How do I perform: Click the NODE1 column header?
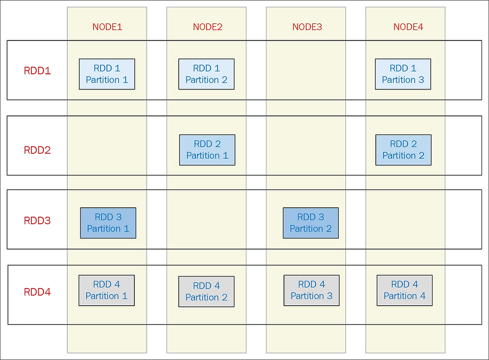[x=107, y=27]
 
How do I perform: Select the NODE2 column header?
[x=208, y=27]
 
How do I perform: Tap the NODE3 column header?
[x=307, y=27]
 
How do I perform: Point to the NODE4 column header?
[x=408, y=27]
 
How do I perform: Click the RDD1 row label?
[x=37, y=71]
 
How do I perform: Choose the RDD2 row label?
[x=37, y=150]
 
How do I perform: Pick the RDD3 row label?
[x=37, y=221]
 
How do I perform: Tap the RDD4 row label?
[x=37, y=292]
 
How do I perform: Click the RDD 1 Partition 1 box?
[x=107, y=74]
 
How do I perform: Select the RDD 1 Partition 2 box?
[x=207, y=74]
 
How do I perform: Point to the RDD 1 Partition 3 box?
[x=403, y=74]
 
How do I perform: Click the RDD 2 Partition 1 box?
[x=207, y=150]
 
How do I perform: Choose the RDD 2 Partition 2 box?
[x=404, y=150]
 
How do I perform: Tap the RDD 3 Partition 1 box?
[x=108, y=223]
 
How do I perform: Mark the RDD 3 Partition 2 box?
[x=310, y=223]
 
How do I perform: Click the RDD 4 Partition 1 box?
[x=107, y=291]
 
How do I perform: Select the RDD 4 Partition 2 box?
[x=207, y=292]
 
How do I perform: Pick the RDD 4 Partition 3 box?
[x=311, y=291]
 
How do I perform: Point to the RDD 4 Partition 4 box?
[x=405, y=291]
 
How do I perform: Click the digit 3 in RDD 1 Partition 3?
[x=421, y=80]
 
